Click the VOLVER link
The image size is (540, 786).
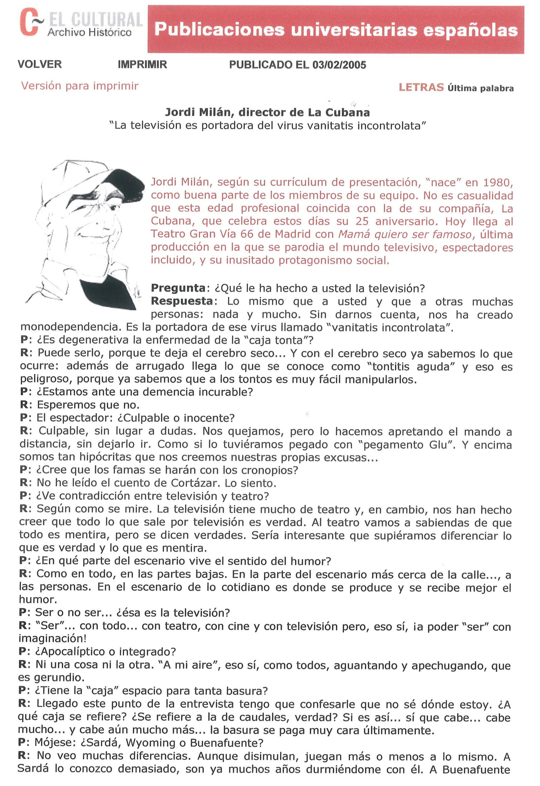[x=40, y=64]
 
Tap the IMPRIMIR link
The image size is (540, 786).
[x=143, y=64]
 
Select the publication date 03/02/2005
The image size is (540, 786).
[x=339, y=65]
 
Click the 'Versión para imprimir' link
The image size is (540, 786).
[x=80, y=86]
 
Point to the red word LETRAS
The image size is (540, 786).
[x=421, y=87]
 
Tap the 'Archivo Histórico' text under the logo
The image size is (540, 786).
[x=89, y=33]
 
